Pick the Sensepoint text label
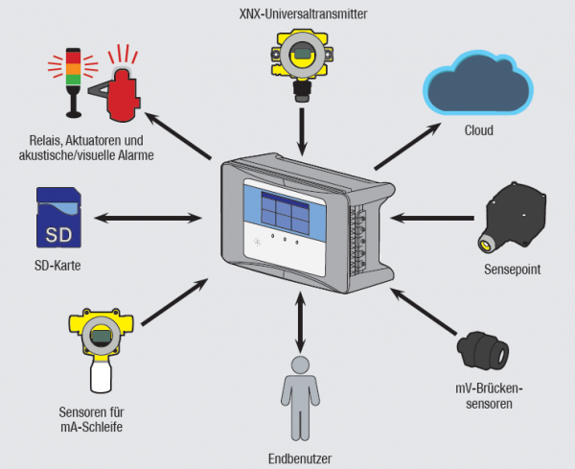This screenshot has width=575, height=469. click(x=512, y=270)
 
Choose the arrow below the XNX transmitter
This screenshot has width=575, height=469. click(x=303, y=130)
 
